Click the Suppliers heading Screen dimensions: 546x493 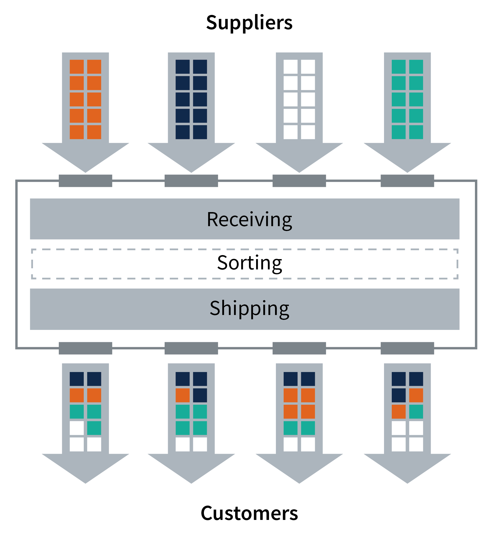tap(249, 23)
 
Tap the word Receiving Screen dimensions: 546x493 tap(249, 220)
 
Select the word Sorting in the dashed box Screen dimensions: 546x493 tap(249, 263)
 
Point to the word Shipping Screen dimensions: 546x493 tap(249, 308)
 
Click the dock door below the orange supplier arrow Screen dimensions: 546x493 tap(85, 181)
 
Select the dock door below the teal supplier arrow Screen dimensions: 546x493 tap(407, 181)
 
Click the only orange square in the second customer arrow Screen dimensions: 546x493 tap(182, 395)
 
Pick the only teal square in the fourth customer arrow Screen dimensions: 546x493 tap(416, 412)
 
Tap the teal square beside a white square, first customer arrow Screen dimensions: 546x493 tap(94, 428)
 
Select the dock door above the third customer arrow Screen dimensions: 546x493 tap(299, 348)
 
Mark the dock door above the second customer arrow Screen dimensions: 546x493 tap(191, 348)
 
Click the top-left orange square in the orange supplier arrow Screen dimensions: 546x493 tap(77, 67)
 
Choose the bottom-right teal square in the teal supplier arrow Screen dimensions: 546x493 tap(416, 132)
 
